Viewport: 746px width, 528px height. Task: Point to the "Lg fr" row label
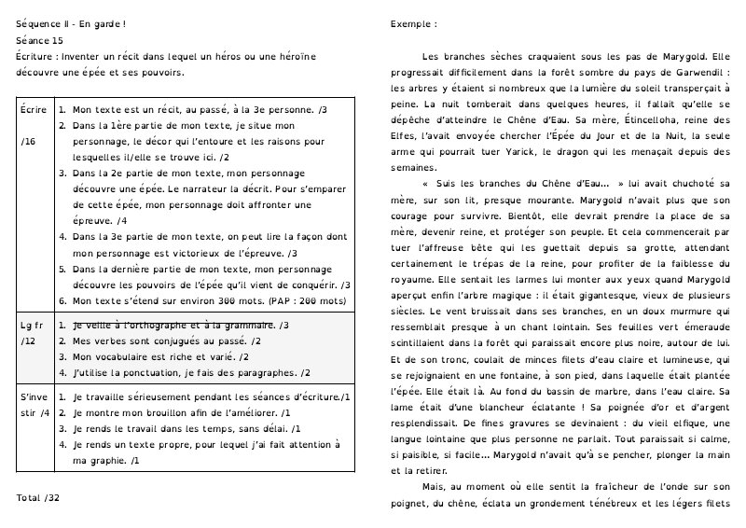pos(31,326)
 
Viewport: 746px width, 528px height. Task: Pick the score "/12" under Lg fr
pos(27,341)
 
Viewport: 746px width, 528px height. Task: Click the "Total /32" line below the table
pos(38,498)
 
